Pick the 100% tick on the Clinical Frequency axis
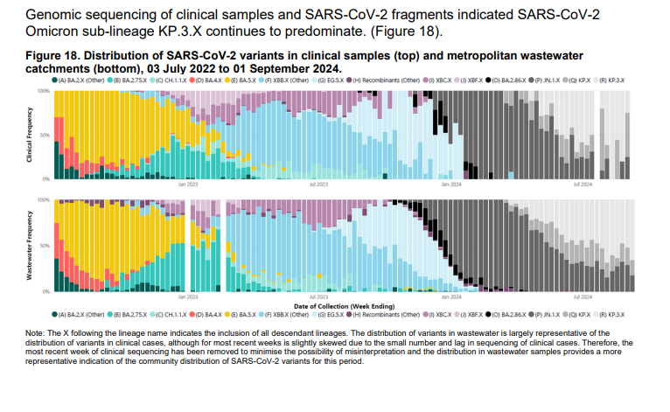point(44,91)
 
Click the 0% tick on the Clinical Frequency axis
point(45,178)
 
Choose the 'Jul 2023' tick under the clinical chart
point(318,185)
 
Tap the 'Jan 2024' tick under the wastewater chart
point(450,297)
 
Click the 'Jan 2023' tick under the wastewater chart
point(187,297)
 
